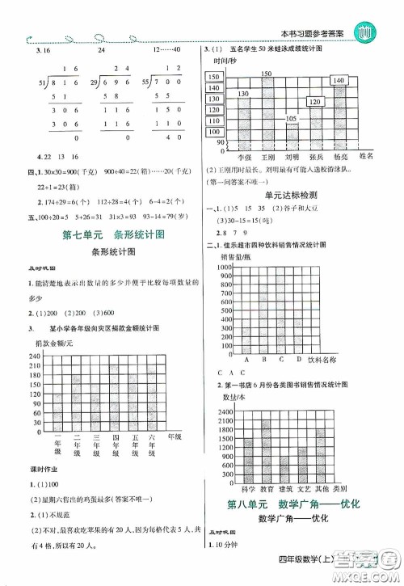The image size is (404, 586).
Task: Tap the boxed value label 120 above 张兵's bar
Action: [315, 102]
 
